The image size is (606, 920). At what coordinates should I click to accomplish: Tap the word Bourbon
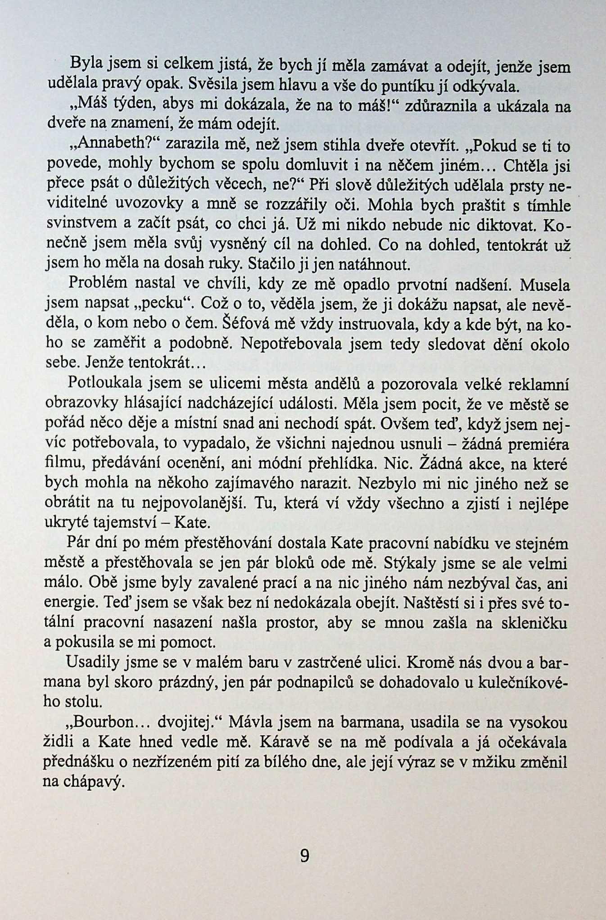click(x=106, y=722)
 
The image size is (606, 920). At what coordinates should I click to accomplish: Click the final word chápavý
click(x=83, y=782)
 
